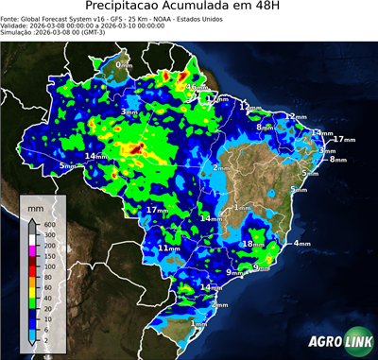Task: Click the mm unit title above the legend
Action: [x=35, y=205]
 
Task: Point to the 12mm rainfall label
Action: [x=248, y=108]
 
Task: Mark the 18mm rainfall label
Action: [x=252, y=244]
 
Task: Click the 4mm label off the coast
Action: [x=302, y=244]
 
